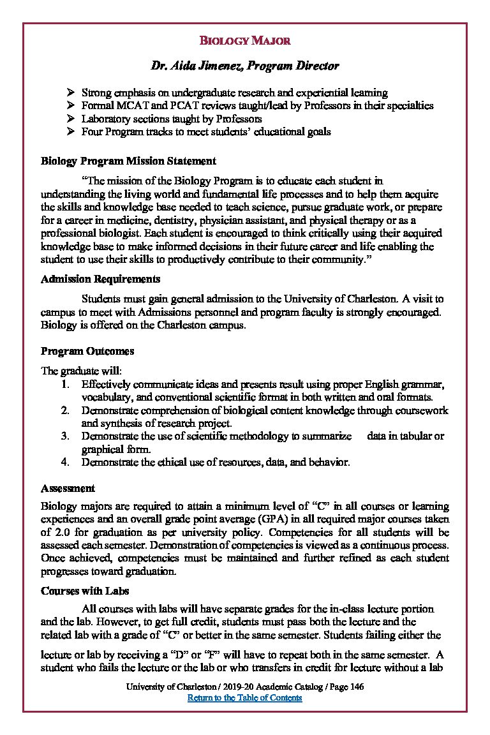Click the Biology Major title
[x=245, y=41]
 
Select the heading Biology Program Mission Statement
[x=128, y=161]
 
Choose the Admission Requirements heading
[x=100, y=279]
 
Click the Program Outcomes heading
[x=87, y=351]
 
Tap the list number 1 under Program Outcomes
[x=65, y=385]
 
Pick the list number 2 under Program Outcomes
[x=65, y=411]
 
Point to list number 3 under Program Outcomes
[x=65, y=436]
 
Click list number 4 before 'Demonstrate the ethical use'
[x=65, y=462]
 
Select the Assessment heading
[x=68, y=489]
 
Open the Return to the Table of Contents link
[x=244, y=698]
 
